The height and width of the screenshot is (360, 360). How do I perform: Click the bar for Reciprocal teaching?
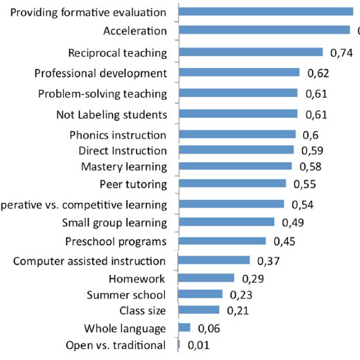click(x=251, y=52)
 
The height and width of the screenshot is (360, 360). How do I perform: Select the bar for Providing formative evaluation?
click(x=266, y=11)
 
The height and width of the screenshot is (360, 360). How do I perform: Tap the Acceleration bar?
click(x=264, y=30)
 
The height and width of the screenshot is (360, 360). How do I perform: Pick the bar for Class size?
click(x=199, y=309)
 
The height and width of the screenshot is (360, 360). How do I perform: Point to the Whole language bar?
click(x=184, y=327)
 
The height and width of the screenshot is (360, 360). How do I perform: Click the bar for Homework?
click(x=206, y=278)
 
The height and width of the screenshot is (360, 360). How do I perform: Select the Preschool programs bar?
click(x=222, y=241)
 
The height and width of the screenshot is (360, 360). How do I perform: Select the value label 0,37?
click(x=268, y=261)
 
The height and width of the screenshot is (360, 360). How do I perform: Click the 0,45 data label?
click(x=285, y=242)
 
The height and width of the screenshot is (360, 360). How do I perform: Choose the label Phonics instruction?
click(x=118, y=135)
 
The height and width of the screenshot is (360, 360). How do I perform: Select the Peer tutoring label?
click(x=134, y=184)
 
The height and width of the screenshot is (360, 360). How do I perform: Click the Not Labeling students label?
click(x=110, y=114)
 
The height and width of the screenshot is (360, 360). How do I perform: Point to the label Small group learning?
click(x=114, y=223)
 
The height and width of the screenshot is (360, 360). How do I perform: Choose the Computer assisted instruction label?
click(x=89, y=261)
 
